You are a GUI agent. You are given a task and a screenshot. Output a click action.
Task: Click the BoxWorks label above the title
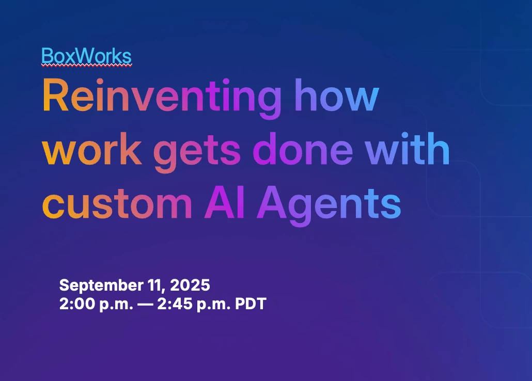86,56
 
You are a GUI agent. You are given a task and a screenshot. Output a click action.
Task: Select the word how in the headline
336,95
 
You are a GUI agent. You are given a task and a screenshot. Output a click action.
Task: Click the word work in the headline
91,149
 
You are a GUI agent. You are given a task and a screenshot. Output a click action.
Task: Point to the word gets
197,152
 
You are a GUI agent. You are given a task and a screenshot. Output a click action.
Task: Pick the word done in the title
303,149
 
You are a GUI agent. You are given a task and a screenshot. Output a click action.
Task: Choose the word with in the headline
408,148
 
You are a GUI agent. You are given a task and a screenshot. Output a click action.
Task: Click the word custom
117,203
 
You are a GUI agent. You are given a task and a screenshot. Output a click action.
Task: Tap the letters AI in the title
225,202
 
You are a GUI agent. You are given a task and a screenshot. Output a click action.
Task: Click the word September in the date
101,285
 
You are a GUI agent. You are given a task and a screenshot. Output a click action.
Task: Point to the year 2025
190,285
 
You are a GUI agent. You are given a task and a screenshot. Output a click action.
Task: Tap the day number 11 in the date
157,285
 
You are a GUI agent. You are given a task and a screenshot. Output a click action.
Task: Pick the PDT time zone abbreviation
251,304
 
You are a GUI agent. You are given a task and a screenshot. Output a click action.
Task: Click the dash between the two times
145,304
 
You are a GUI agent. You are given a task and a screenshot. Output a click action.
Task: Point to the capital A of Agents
272,202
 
